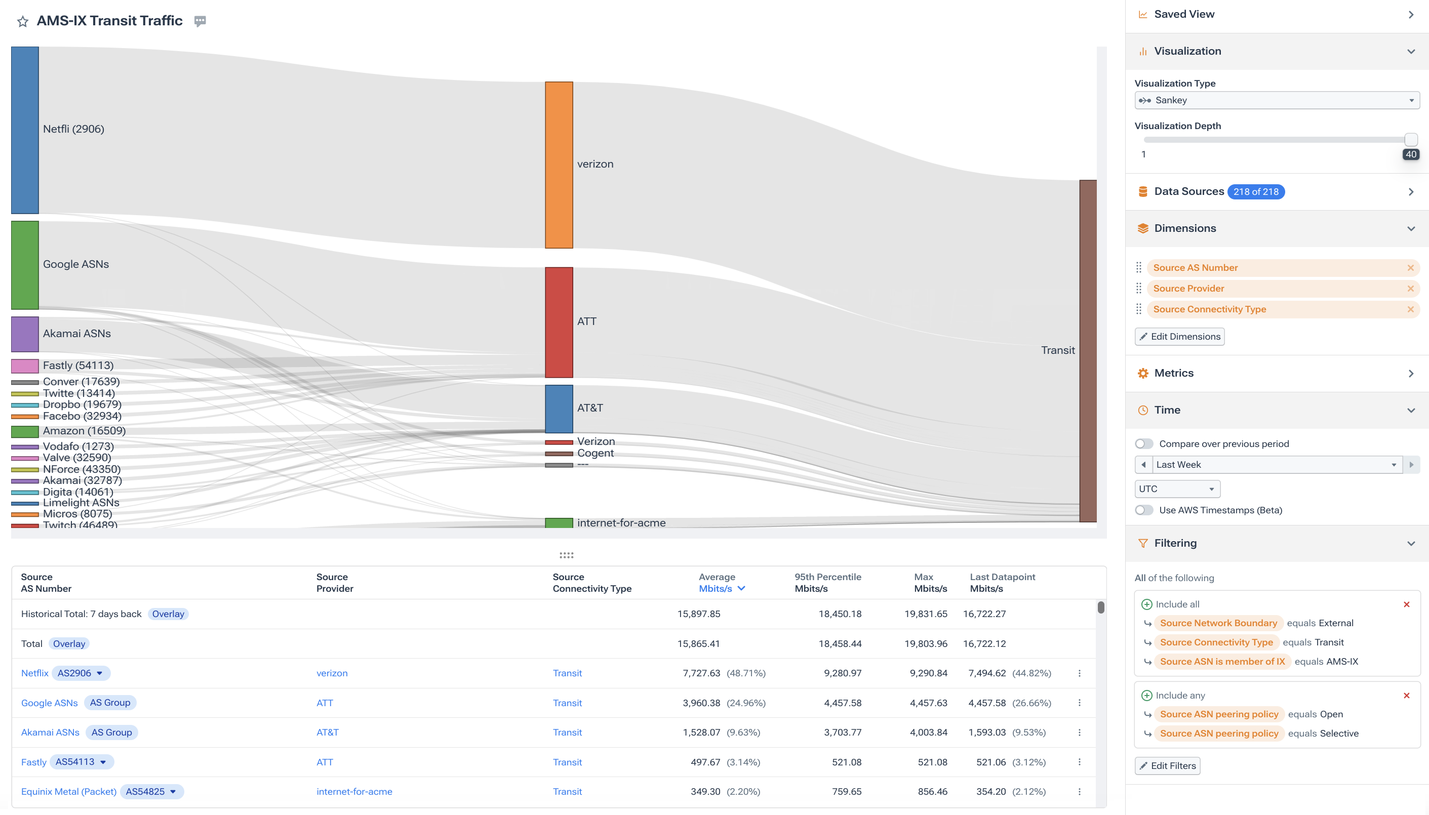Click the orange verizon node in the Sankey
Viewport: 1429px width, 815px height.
tap(558, 165)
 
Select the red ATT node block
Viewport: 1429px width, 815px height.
tap(558, 322)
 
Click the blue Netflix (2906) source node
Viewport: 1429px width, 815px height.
tap(25, 130)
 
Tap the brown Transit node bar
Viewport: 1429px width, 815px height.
tap(1087, 350)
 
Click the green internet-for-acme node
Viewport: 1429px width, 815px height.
tap(558, 523)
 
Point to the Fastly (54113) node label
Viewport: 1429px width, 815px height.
tap(78, 365)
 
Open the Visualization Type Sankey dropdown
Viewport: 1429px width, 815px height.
tap(1276, 100)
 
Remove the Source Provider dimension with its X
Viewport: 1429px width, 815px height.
tap(1410, 288)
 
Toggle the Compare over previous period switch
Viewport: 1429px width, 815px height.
tap(1143, 444)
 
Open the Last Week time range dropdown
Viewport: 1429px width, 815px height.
tap(1276, 465)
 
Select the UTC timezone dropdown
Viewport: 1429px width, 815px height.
tap(1176, 488)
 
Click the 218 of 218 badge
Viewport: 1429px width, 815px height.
tap(1255, 191)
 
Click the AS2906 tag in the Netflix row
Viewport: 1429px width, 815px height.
tap(80, 673)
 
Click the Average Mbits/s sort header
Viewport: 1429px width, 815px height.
tap(721, 588)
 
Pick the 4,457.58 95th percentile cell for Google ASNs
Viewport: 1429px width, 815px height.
tap(842, 703)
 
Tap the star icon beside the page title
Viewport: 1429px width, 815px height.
tap(22, 21)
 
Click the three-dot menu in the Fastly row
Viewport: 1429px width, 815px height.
tap(1079, 762)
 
